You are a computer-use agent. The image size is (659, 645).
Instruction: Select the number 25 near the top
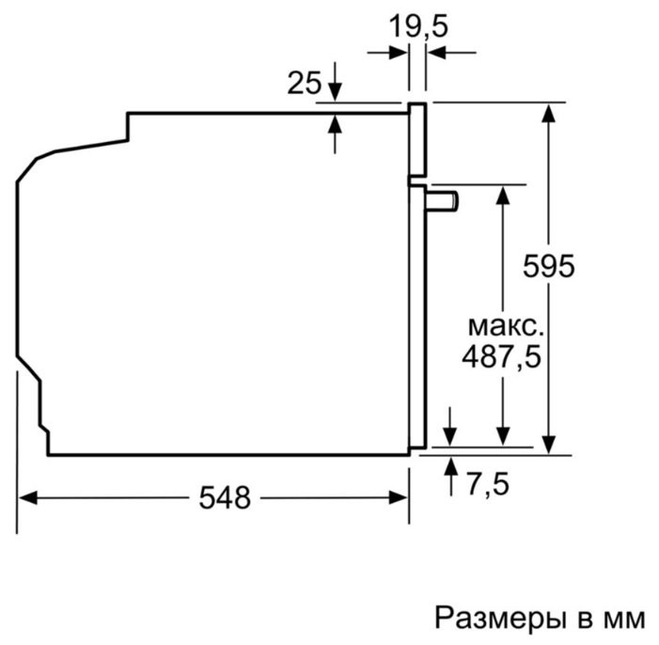(304, 84)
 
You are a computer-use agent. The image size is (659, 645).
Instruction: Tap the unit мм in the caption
(624, 619)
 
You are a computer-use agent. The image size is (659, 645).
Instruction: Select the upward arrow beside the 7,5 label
(451, 465)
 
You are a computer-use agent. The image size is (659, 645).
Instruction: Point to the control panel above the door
(417, 140)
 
